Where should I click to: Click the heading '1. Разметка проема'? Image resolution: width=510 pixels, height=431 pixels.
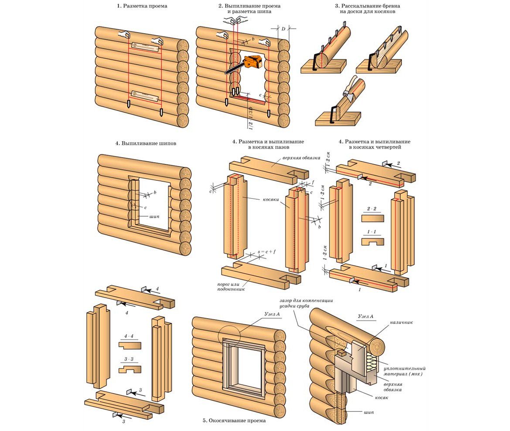coord(136,6)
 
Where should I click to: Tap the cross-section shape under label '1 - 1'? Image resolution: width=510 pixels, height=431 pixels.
coord(373,241)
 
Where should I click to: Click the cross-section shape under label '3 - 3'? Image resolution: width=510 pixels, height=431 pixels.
coord(130,369)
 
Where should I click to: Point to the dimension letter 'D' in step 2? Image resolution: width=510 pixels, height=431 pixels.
coord(283,29)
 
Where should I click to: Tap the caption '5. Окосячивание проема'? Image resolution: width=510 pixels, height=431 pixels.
coord(234,421)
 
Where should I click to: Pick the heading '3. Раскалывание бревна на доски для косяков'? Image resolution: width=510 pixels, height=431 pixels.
coord(367,9)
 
